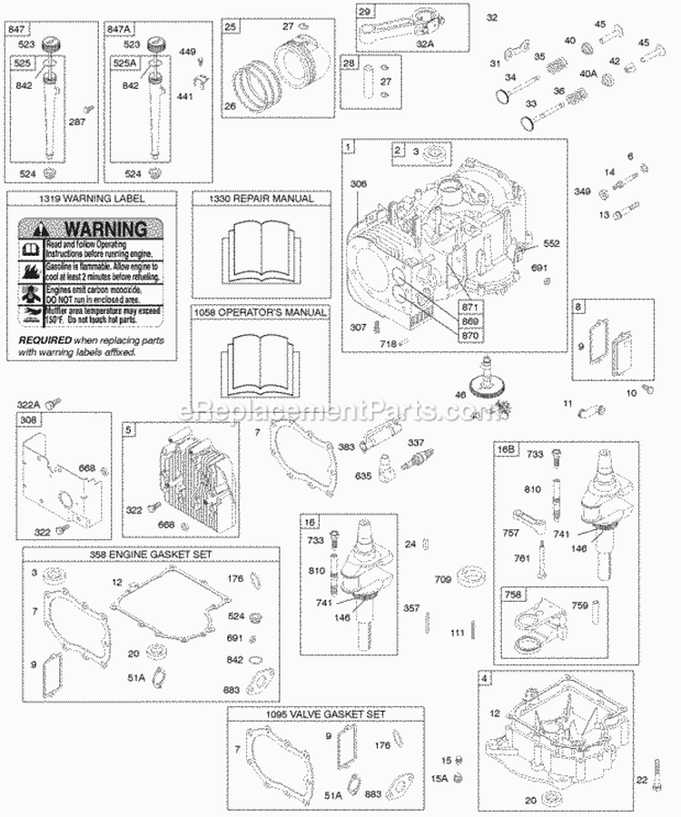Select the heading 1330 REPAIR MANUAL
click(x=254, y=198)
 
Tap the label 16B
click(x=506, y=448)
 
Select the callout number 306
click(x=360, y=184)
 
